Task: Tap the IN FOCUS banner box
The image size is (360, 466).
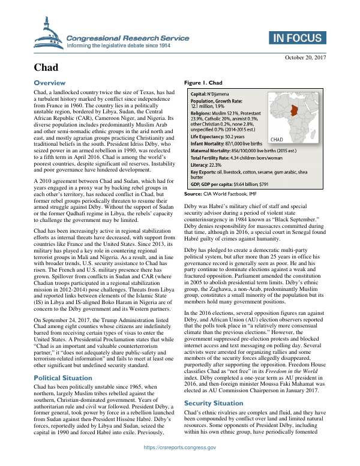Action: click(296, 37)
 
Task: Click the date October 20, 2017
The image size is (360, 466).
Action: click(305, 57)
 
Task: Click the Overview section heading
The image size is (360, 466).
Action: click(53, 82)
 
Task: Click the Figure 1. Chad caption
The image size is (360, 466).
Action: click(203, 83)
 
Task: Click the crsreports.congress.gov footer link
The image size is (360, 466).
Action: click(180, 464)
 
